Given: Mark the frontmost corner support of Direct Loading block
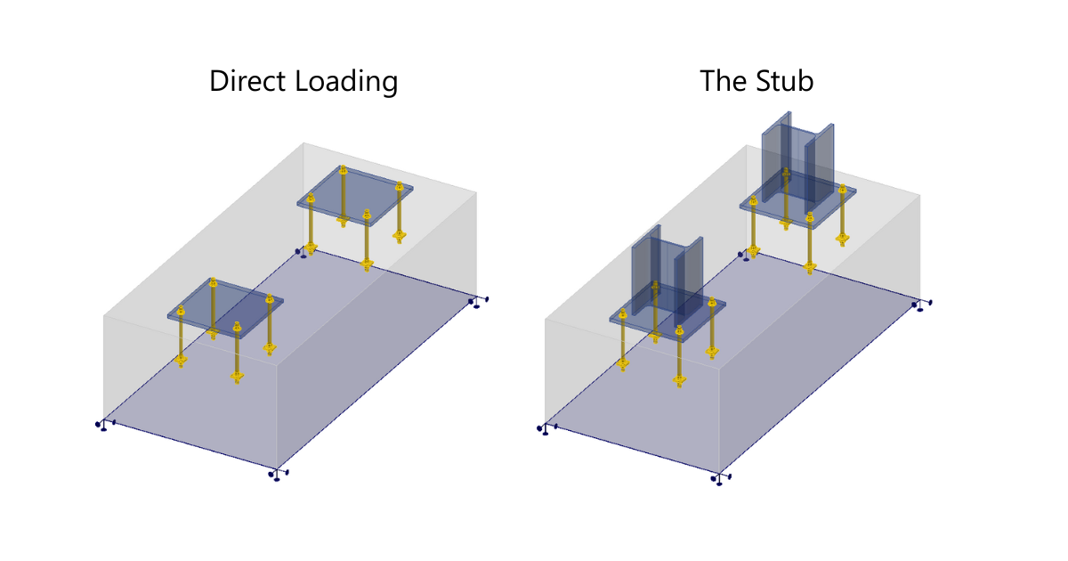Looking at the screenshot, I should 276,475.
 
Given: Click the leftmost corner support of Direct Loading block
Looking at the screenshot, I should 101,425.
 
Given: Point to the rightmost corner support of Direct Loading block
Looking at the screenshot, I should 478,303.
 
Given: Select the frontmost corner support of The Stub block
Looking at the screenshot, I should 718,478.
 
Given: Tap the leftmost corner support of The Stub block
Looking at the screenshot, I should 543,429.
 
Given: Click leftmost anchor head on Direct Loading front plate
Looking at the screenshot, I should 181,311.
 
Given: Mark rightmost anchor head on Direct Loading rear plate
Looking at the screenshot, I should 399,188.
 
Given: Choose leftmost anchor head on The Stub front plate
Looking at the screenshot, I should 622,313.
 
